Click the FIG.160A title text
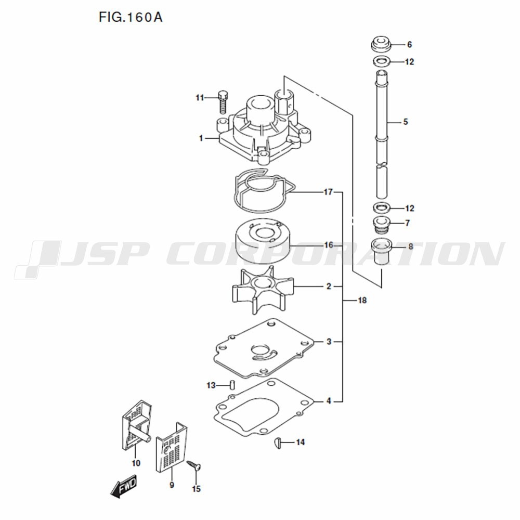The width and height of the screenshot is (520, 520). pyautogui.click(x=131, y=17)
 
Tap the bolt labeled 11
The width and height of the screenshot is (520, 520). pyautogui.click(x=223, y=102)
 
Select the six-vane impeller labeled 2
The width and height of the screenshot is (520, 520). pyautogui.click(x=263, y=290)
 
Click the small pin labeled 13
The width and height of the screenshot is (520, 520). pyautogui.click(x=232, y=385)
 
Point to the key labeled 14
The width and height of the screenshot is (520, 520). pyautogui.click(x=278, y=443)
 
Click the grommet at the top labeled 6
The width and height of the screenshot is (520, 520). pyautogui.click(x=381, y=44)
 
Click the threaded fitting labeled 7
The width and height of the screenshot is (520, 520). pyautogui.click(x=382, y=224)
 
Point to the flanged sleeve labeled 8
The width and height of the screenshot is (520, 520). pyautogui.click(x=382, y=251)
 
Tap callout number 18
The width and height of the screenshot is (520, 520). pyautogui.click(x=362, y=301)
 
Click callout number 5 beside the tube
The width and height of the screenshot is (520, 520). pyautogui.click(x=405, y=122)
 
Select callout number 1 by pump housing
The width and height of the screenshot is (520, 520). pyautogui.click(x=201, y=138)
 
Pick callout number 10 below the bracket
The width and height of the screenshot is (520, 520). pyautogui.click(x=136, y=463)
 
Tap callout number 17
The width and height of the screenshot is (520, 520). pyautogui.click(x=328, y=192)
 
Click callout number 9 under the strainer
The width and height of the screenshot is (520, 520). pyautogui.click(x=172, y=485)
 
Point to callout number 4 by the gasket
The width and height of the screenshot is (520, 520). pyautogui.click(x=329, y=401)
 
